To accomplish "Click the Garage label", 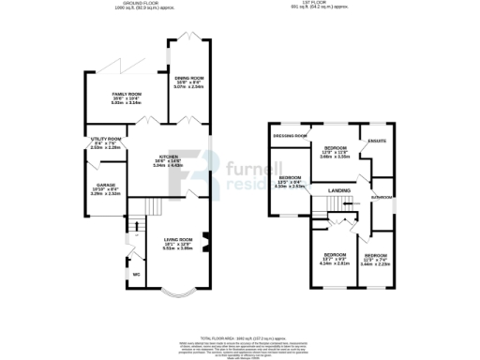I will pyautogui.click(x=104, y=188).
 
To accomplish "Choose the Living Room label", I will pyautogui.click(x=176, y=242).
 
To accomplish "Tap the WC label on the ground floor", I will pyautogui.click(x=137, y=274).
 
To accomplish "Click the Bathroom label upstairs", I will pyautogui.click(x=381, y=198).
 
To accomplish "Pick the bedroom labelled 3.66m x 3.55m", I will pyautogui.click(x=337, y=151).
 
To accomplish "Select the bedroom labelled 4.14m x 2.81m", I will pyautogui.click(x=336, y=257).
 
